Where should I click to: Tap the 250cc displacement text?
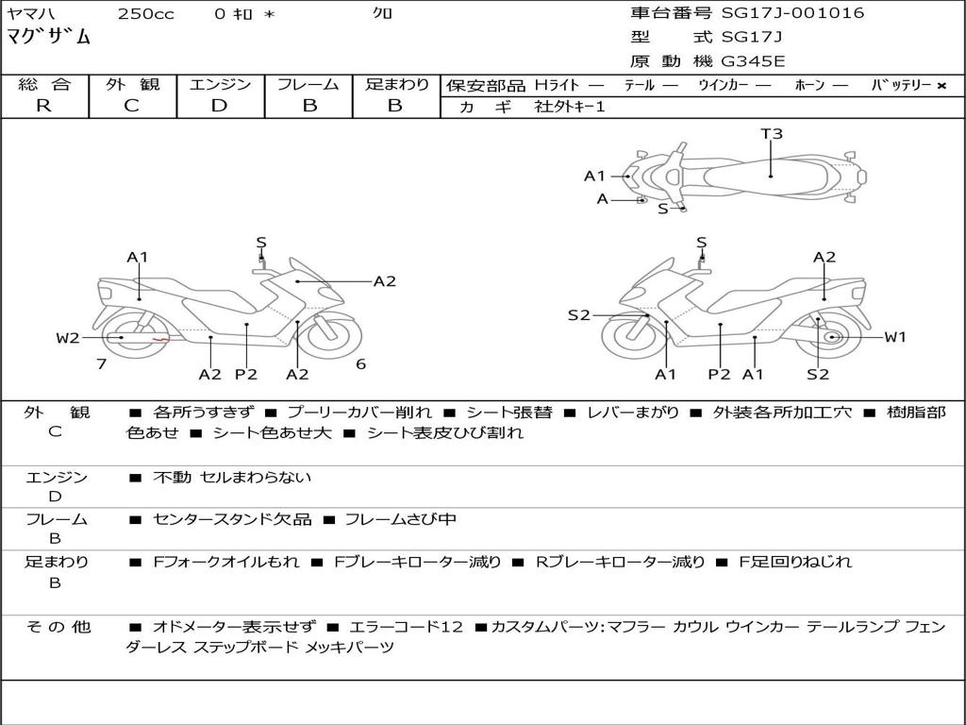(145, 13)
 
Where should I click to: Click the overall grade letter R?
(43, 105)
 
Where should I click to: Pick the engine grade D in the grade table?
(219, 105)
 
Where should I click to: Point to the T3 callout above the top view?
(772, 134)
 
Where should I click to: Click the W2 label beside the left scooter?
(68, 338)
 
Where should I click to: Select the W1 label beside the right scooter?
(894, 337)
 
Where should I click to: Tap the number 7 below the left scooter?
(101, 363)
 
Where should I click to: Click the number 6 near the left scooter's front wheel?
(360, 363)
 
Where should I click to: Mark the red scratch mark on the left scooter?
(160, 338)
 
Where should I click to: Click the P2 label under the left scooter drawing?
(246, 375)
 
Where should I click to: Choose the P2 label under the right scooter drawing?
(719, 375)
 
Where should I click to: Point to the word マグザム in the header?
(49, 38)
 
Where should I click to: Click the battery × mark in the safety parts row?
(941, 85)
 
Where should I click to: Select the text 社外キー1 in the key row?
(570, 107)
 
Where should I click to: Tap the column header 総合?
(43, 84)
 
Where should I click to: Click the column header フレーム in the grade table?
(308, 84)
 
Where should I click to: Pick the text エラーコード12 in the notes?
(407, 626)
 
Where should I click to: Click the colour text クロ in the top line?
(383, 13)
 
